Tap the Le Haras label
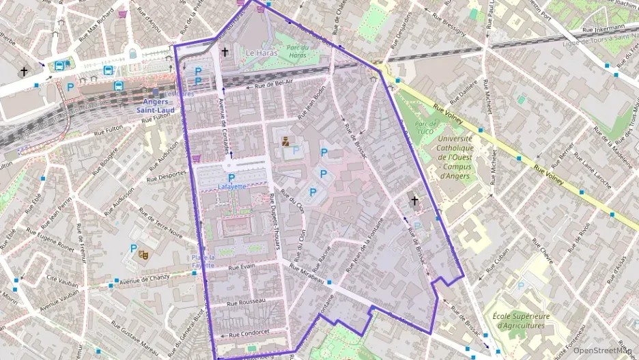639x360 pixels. tap(259, 53)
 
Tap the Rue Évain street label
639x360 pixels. tap(242, 267)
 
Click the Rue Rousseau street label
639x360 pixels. tap(246, 301)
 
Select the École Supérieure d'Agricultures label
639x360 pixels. tap(521, 320)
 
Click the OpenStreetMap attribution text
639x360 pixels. tap(602, 350)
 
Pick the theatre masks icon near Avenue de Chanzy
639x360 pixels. tap(144, 254)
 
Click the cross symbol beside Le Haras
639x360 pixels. tap(225, 52)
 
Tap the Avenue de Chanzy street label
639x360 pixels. tap(145, 279)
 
